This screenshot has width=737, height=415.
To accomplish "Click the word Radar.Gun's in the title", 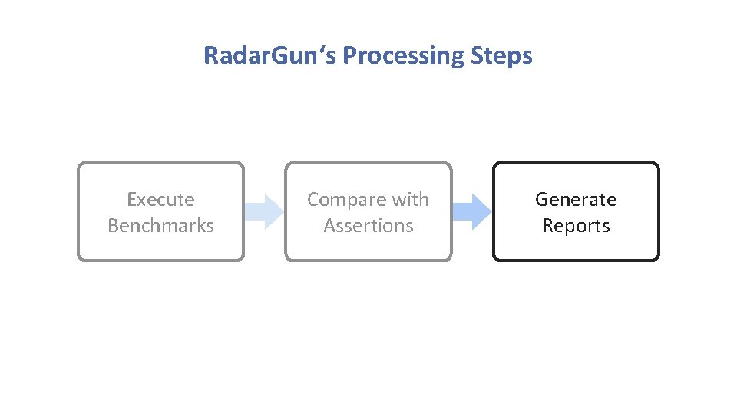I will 269,56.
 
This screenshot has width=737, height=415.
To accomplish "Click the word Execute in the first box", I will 160,200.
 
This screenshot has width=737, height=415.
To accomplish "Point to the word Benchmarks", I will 160,226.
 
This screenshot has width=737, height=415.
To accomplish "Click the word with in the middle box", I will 410,200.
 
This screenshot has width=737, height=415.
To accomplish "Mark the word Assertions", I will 368,226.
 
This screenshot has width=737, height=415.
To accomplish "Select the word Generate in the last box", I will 576,200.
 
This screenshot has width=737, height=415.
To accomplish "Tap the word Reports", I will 576,226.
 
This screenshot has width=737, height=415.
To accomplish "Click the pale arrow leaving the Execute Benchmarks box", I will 264,211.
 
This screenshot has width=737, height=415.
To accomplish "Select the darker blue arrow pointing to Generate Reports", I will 471,211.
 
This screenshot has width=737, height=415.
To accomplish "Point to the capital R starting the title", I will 210,56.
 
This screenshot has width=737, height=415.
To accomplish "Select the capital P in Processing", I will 349,56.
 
